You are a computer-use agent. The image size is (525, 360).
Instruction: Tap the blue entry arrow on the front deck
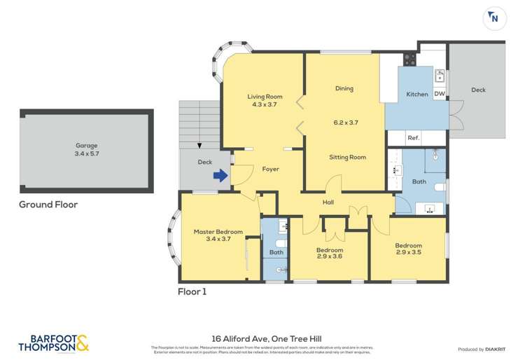pyautogui.click(x=220, y=176)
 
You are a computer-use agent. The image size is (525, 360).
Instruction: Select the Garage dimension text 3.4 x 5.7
pyautogui.click(x=87, y=154)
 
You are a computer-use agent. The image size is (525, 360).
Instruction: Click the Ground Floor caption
pyautogui.click(x=49, y=205)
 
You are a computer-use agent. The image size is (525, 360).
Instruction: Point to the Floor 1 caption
pyautogui.click(x=192, y=291)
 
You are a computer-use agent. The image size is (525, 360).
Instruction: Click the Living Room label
pyautogui.click(x=265, y=97)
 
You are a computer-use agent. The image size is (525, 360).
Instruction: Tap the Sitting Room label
pyautogui.click(x=347, y=158)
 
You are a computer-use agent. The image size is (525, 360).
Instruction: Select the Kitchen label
pyautogui.click(x=417, y=95)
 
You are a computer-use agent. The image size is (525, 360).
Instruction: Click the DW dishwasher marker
pyautogui.click(x=440, y=95)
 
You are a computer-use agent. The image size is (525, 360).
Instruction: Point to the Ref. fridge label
pyautogui.click(x=413, y=138)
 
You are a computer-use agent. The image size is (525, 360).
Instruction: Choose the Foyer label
pyautogui.click(x=270, y=169)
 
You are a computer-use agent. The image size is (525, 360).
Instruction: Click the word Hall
pyautogui.click(x=328, y=202)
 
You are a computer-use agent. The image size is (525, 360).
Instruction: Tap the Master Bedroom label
pyautogui.click(x=218, y=232)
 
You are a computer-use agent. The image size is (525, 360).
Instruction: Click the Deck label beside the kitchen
pyautogui.click(x=478, y=90)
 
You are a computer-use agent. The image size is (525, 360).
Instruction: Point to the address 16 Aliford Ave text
pyautogui.click(x=262, y=337)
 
